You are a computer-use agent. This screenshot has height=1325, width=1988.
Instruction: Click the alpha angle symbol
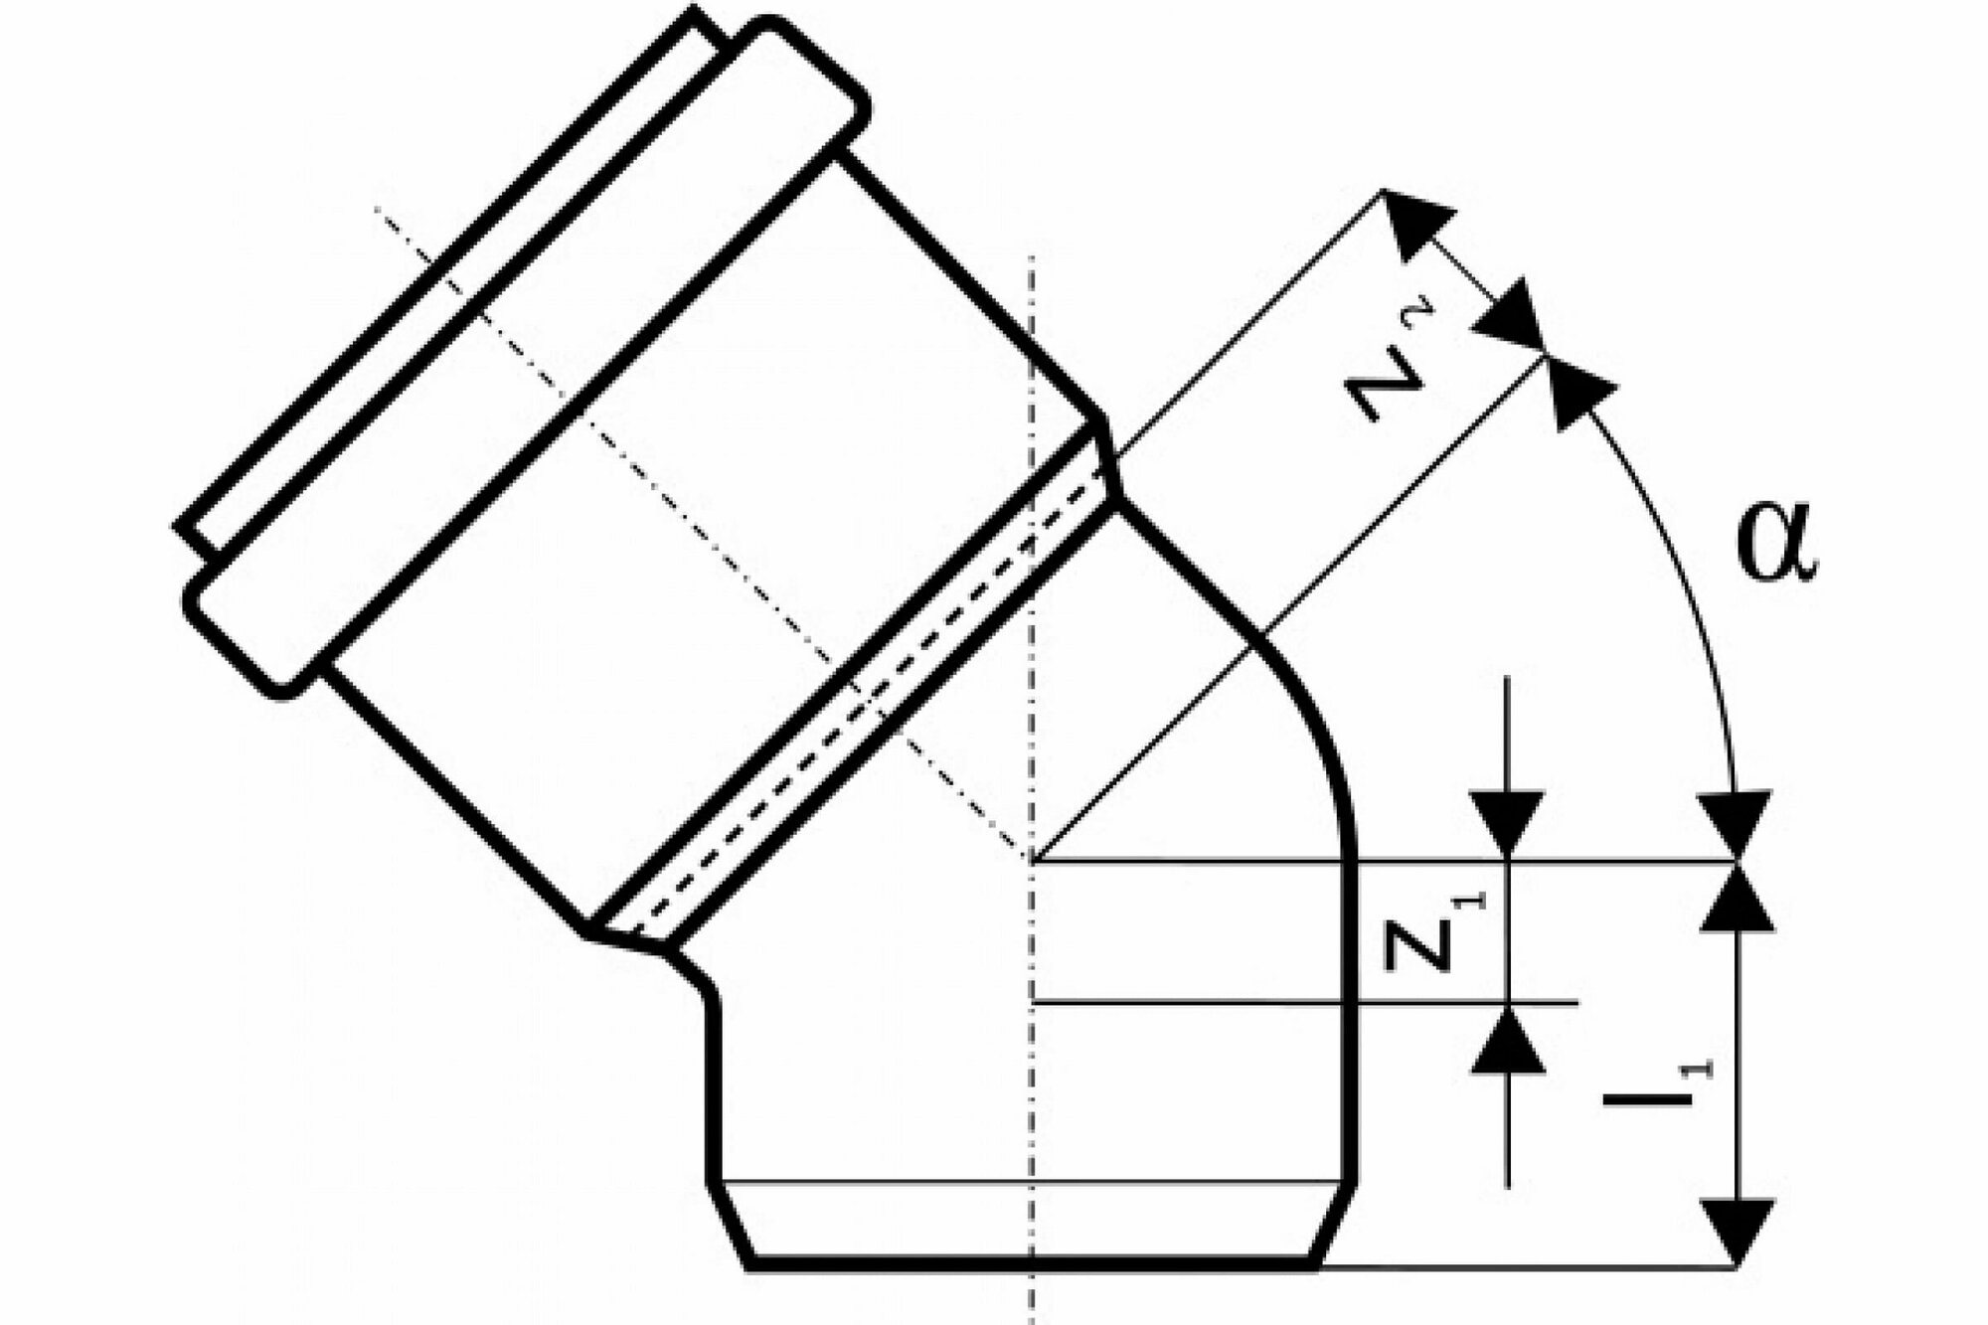point(1777,548)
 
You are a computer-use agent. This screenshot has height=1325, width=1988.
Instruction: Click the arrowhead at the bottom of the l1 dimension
point(1737,1233)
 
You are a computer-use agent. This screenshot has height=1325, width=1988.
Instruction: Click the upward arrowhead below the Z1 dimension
point(1508,1040)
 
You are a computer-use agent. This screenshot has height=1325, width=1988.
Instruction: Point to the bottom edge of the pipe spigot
point(1034,1264)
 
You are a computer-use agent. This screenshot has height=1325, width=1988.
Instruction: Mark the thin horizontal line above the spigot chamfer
point(1034,1183)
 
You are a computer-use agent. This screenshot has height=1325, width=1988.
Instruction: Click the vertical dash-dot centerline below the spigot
point(1034,1297)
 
